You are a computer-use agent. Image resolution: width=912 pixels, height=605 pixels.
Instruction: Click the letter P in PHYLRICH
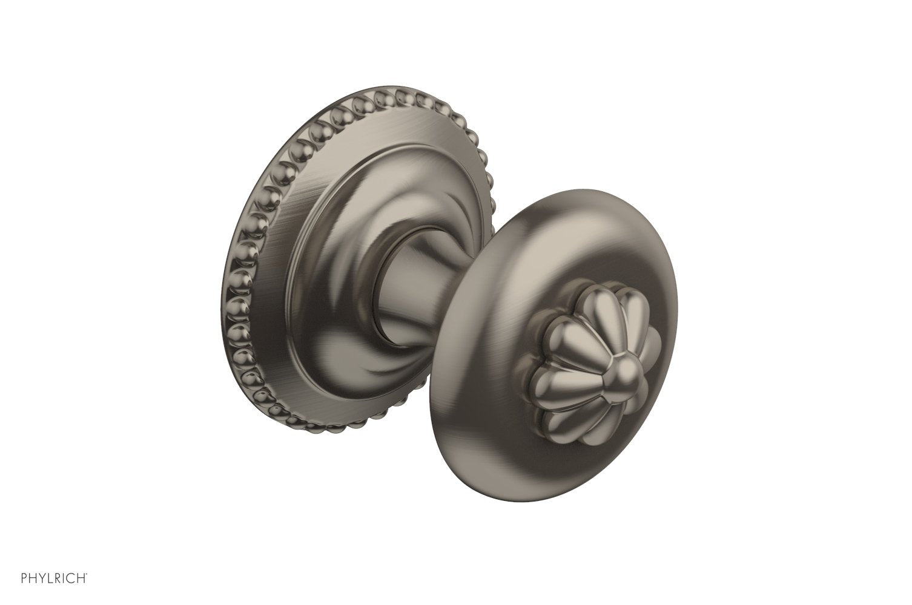24,578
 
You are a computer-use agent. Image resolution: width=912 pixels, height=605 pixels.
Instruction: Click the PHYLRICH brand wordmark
54,578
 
